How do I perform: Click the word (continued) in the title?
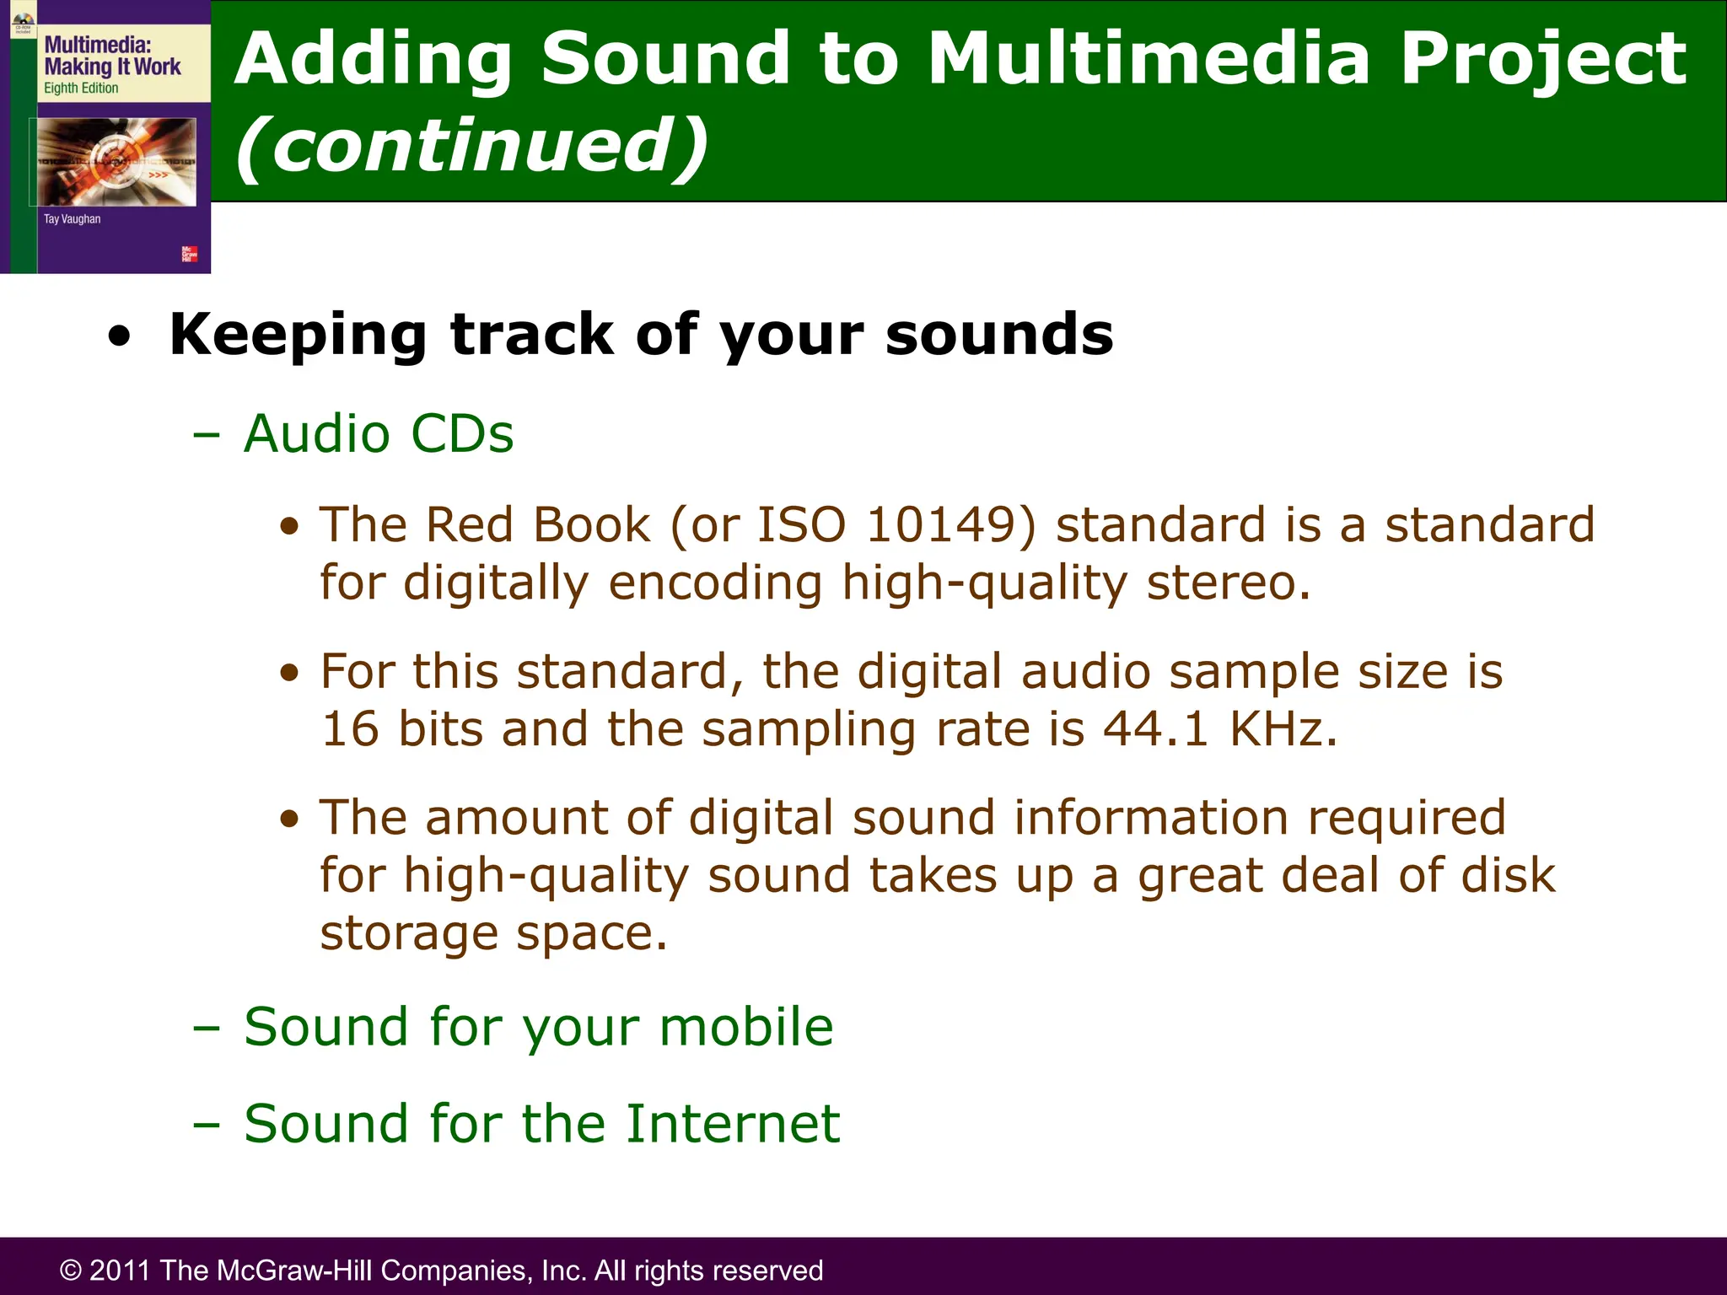click(472, 145)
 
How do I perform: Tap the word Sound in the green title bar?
click(665, 59)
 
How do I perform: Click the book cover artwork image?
click(116, 162)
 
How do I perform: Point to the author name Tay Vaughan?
click(72, 219)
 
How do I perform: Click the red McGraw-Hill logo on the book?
click(189, 254)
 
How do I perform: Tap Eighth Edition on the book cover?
click(81, 89)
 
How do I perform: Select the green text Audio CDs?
click(379, 434)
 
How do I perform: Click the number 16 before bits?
click(350, 729)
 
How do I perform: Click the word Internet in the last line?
click(732, 1124)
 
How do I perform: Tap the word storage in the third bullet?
click(409, 934)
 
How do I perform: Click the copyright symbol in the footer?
click(71, 1271)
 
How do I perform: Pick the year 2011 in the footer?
click(121, 1271)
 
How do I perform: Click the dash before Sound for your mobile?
click(206, 1029)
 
